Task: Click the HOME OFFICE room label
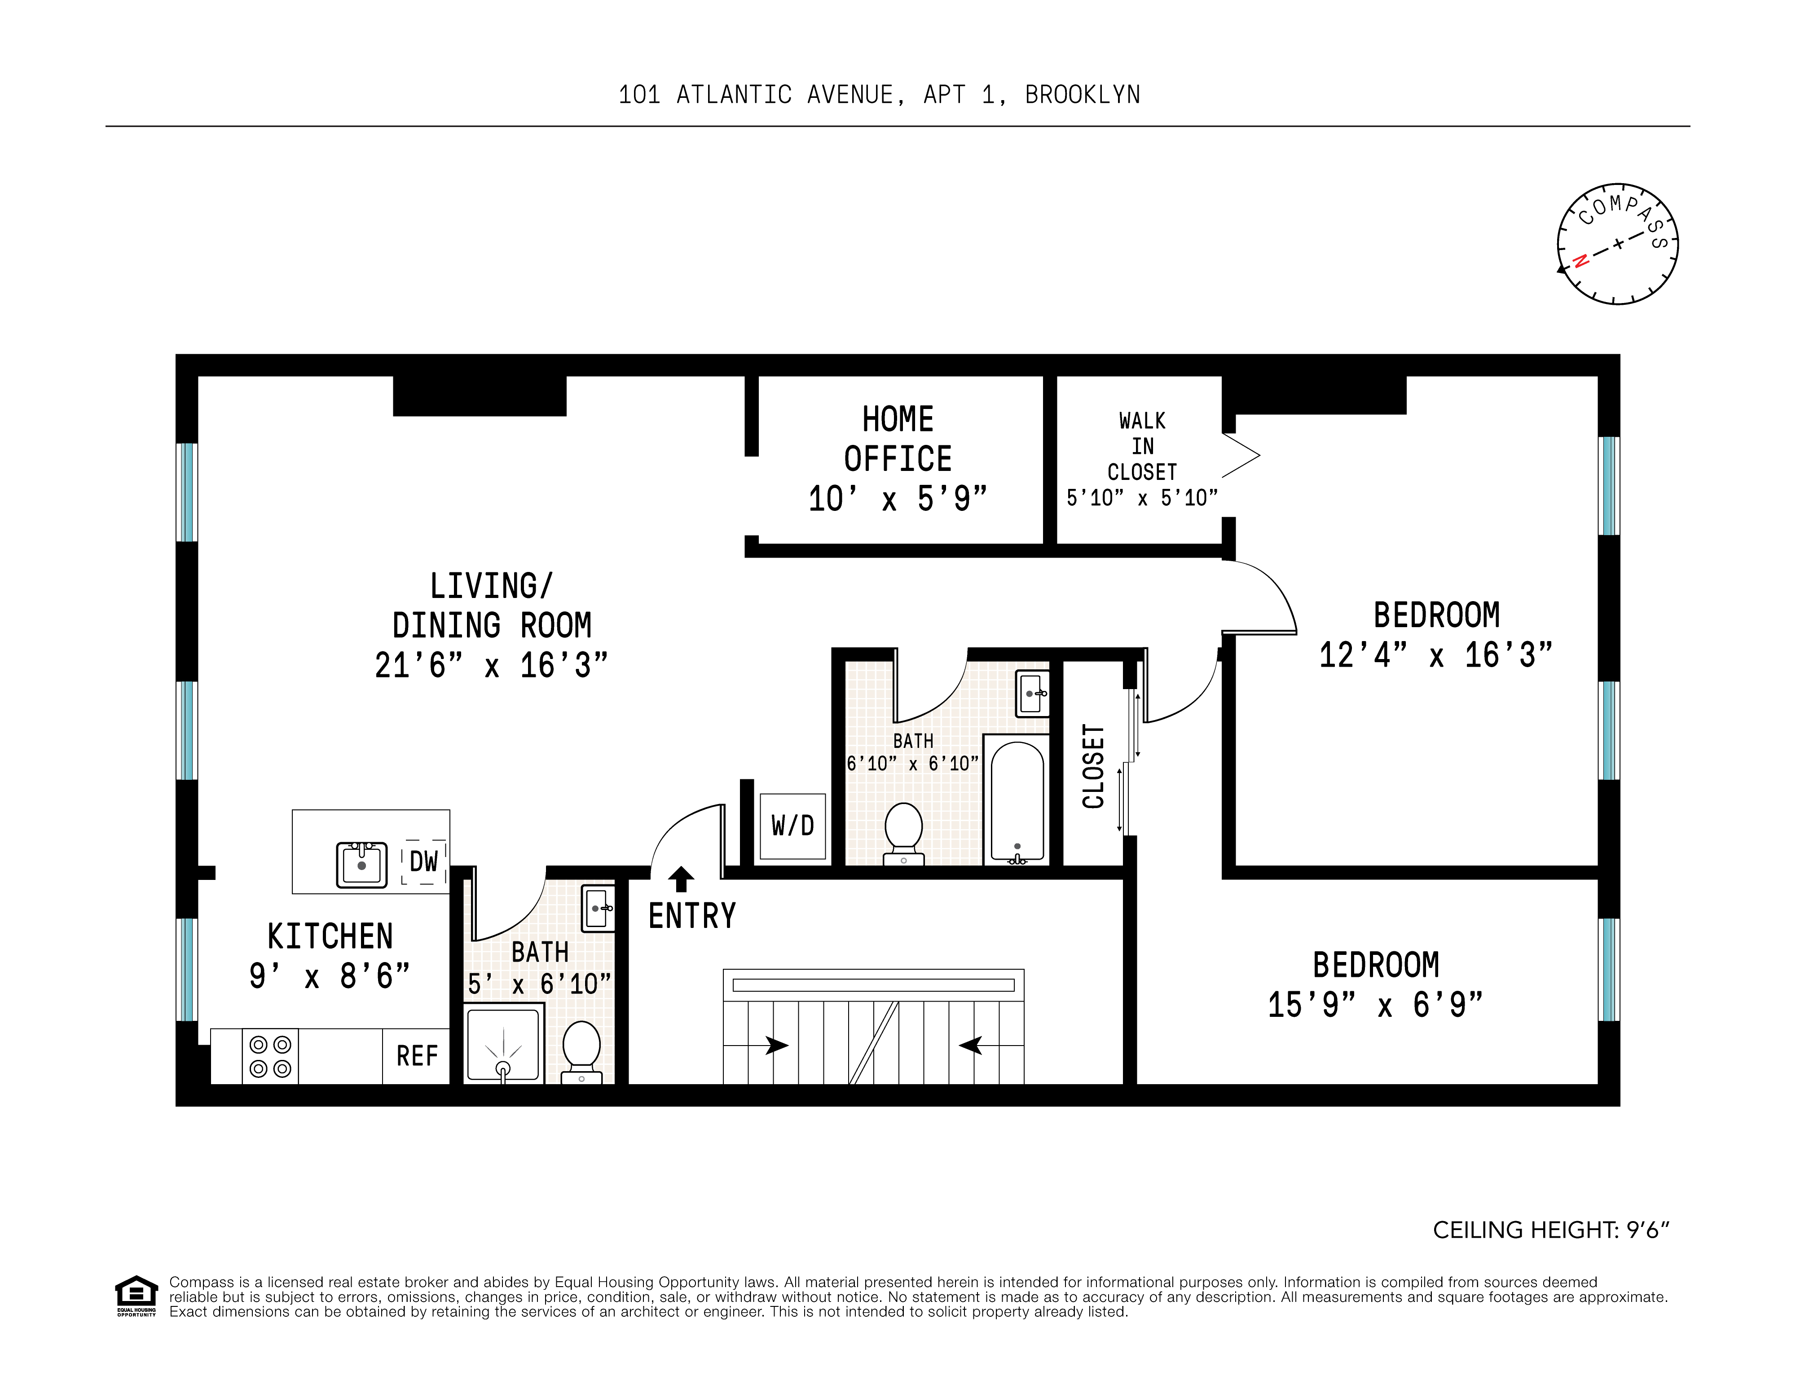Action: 898,438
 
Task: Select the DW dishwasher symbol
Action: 423,862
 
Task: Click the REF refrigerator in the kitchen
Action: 416,1056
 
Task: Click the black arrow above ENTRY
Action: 681,879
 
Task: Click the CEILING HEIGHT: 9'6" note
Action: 1551,1230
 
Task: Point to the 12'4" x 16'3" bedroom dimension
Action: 1436,655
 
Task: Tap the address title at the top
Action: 879,95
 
